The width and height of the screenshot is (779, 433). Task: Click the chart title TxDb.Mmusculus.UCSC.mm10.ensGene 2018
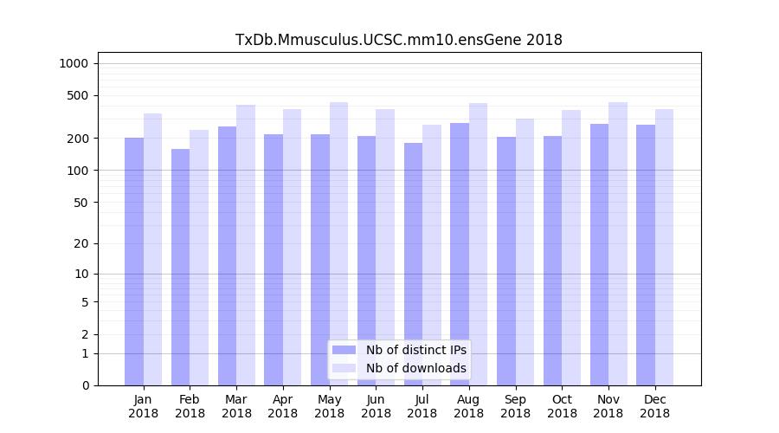click(x=399, y=40)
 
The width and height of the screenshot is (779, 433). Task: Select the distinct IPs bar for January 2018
click(x=134, y=262)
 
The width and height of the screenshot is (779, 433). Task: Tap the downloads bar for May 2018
click(x=338, y=243)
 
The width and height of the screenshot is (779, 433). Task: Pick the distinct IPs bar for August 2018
click(x=460, y=254)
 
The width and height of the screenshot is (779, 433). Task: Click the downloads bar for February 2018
click(x=199, y=257)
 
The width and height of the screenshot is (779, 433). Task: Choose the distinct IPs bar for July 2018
click(x=413, y=264)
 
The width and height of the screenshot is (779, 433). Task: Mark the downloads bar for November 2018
click(x=618, y=243)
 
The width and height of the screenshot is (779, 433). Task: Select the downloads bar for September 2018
click(x=525, y=252)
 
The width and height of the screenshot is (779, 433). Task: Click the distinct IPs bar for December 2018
click(x=646, y=255)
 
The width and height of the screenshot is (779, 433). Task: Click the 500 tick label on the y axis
click(x=78, y=95)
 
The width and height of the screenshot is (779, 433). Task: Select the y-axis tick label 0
click(x=85, y=385)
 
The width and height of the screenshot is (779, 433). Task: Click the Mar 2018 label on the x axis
click(x=236, y=406)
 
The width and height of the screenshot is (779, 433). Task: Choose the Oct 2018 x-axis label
click(x=562, y=406)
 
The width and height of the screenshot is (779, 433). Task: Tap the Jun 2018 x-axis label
click(x=376, y=406)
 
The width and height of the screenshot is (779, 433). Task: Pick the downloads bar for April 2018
click(x=293, y=247)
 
